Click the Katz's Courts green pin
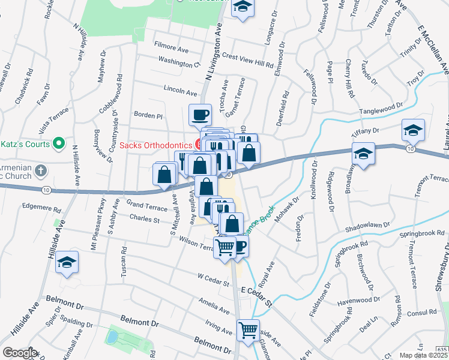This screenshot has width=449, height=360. pyautogui.click(x=58, y=144)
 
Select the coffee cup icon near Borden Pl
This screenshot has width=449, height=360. pyautogui.click(x=200, y=113)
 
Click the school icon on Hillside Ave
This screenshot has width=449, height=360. pyautogui.click(x=67, y=262)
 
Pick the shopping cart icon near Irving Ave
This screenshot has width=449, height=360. pyautogui.click(x=248, y=329)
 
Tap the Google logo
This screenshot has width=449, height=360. pyautogui.click(x=20, y=353)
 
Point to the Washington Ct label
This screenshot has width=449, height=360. pyautogui.click(x=179, y=61)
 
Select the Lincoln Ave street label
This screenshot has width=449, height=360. pyautogui.click(x=180, y=92)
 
